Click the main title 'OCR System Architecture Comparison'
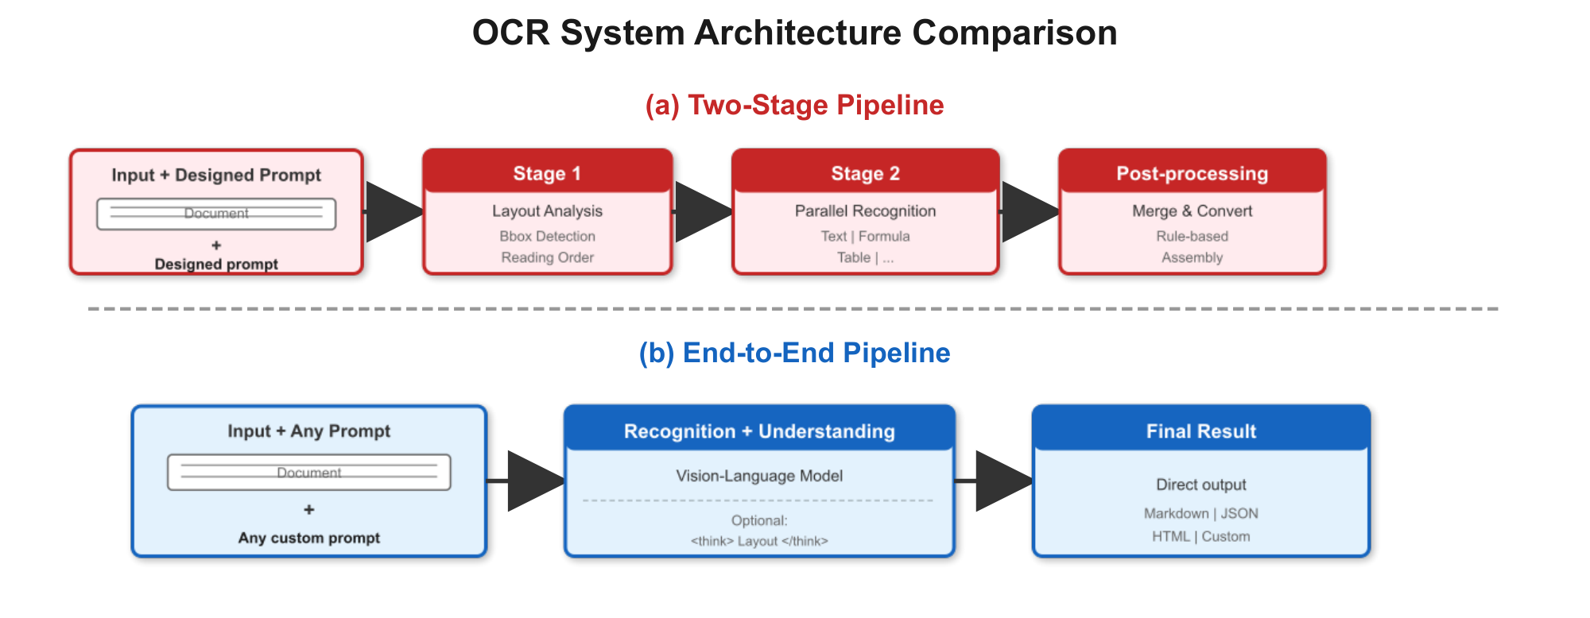794,33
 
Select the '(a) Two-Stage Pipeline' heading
794,105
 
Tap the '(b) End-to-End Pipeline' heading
794,353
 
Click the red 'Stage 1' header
547,173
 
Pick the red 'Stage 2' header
865,173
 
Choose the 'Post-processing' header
1192,173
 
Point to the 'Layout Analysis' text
547,211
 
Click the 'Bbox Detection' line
547,236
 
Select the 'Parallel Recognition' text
865,211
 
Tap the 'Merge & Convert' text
1192,211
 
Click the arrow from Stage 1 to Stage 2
703,212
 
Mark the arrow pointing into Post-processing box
1030,212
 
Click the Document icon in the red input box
216,214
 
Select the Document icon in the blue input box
308,472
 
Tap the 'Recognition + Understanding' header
759,431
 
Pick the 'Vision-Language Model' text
759,476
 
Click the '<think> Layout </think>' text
759,541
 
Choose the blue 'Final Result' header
1200,431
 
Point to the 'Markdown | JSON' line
1200,513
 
